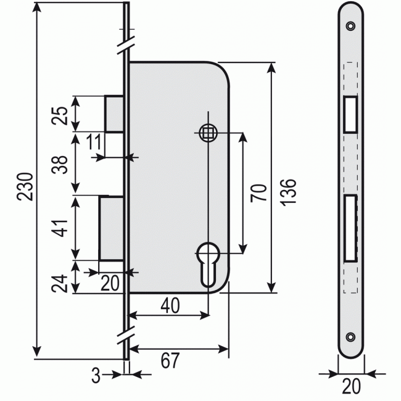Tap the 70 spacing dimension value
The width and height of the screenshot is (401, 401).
coord(259,193)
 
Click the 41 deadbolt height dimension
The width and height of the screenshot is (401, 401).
coord(59,227)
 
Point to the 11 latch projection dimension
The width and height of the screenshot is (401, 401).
coord(94,143)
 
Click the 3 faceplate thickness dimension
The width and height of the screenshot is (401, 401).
coord(95,374)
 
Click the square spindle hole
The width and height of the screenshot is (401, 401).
coord(209,133)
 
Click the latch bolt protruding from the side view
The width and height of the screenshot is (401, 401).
coord(115,114)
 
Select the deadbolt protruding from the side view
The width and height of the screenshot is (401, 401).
coord(112,227)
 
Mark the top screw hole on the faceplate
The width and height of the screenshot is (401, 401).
coord(350,26)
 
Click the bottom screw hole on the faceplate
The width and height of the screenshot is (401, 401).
coord(350,337)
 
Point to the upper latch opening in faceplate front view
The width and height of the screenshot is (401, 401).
coord(350,114)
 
